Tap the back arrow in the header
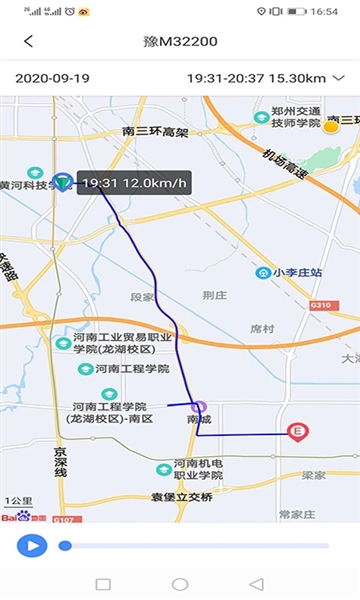(x=28, y=42)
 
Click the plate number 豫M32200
(x=180, y=42)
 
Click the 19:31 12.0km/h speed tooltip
(x=134, y=184)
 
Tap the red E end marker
(x=296, y=432)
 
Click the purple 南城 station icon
(x=199, y=407)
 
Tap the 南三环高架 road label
(x=155, y=131)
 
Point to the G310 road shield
(x=320, y=305)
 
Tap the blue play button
(x=32, y=545)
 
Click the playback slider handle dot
(x=65, y=545)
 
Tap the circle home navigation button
(x=180, y=584)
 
